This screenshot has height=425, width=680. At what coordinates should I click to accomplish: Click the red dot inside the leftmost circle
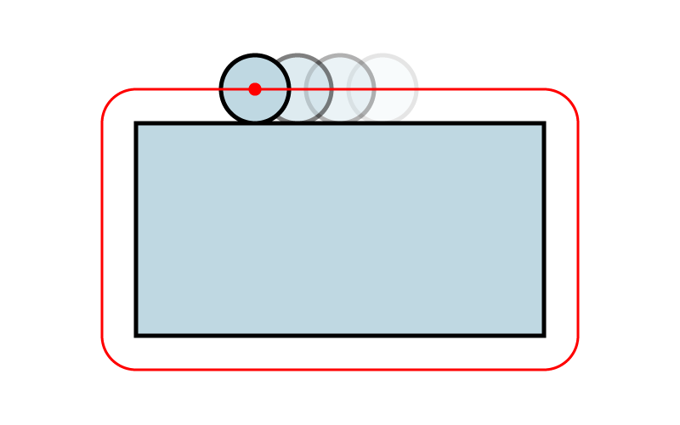255,89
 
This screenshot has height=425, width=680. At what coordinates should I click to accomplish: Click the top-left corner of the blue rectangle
139,126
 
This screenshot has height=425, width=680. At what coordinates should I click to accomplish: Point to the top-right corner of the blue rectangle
541,126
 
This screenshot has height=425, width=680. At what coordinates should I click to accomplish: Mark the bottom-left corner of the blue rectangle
139,332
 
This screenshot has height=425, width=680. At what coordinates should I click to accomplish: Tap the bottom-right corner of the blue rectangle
541,332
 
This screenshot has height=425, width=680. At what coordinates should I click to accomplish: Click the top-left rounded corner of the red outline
112,99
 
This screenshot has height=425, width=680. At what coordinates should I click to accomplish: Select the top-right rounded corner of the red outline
568,99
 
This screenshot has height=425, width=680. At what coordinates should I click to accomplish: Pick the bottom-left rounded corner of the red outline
112,360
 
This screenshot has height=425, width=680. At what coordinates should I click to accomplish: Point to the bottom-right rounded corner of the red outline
568,360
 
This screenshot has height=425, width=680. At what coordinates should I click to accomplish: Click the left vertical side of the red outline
102,229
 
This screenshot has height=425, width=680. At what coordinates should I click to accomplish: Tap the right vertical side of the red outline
578,229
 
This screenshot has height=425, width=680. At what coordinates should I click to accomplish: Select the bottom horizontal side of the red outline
340,370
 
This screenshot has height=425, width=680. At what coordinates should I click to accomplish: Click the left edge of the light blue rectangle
139,229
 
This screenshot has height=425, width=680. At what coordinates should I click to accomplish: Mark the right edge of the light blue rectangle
541,229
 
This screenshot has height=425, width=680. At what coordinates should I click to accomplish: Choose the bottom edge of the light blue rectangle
340,332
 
